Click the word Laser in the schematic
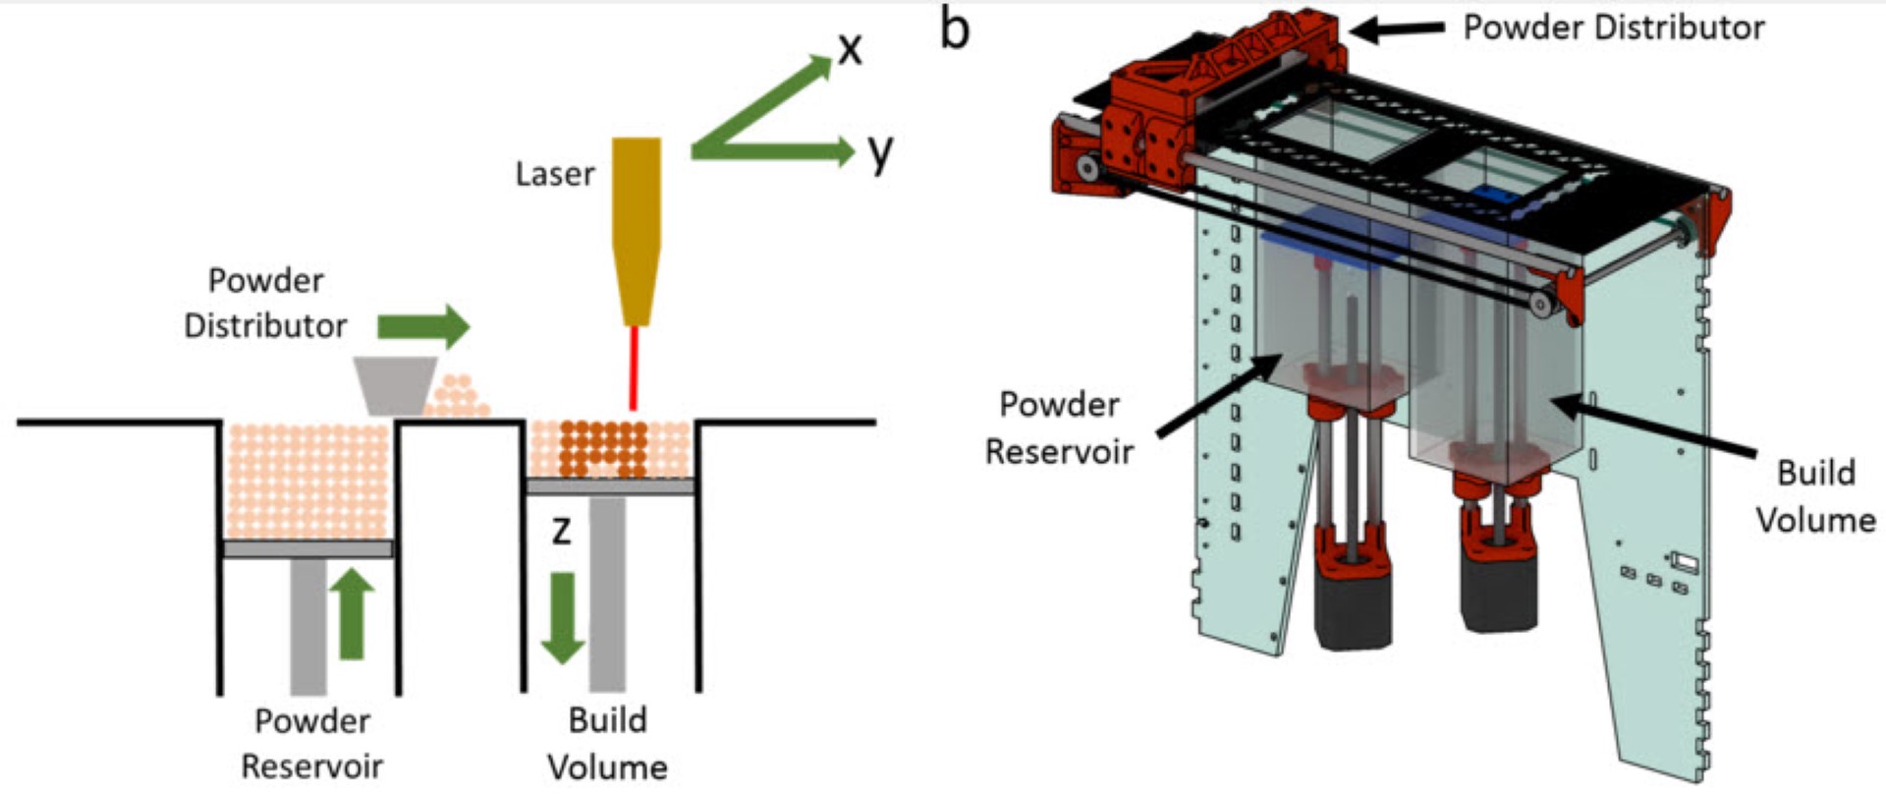coord(555,174)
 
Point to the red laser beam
coord(635,368)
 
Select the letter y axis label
coord(880,151)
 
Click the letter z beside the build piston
coord(561,530)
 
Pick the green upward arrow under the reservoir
coord(351,614)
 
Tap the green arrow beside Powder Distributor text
coord(423,326)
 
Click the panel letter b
coord(955,28)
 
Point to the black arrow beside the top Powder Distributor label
coord(1398,29)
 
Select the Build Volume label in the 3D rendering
coord(1815,496)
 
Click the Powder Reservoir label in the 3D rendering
coord(1059,427)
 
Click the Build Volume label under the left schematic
coord(607,743)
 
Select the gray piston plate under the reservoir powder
coord(308,548)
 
